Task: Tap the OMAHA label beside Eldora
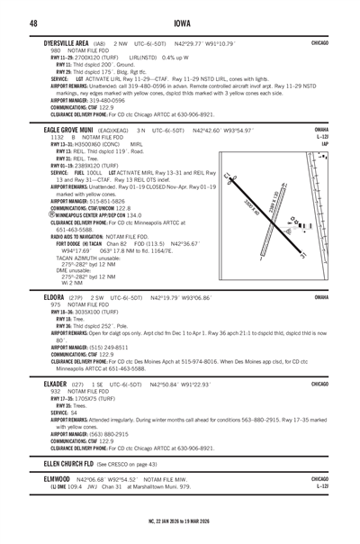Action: tap(344, 296)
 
